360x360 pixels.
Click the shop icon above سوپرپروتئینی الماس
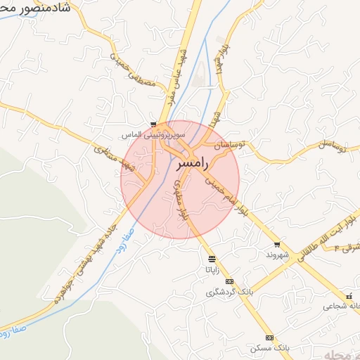click(153, 124)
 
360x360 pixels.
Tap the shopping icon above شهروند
click(277, 245)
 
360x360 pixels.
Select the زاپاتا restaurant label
click(212, 269)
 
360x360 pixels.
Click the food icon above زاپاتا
click(212, 259)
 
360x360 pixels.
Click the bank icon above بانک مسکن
click(269, 338)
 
